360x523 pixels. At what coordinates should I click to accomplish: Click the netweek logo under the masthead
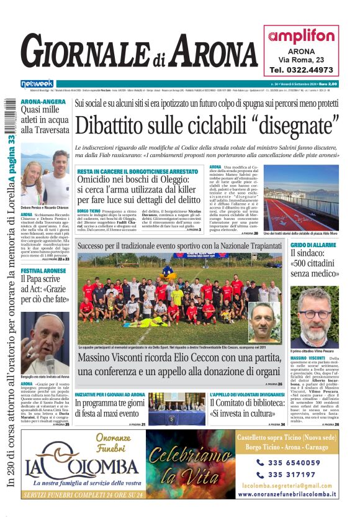coord(37,83)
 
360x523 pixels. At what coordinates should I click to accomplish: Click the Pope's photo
coord(45,340)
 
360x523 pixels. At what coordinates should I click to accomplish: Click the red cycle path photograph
coord(300,198)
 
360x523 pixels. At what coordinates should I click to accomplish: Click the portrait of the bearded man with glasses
coord(315,316)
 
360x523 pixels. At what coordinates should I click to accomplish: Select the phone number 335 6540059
coord(294,462)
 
